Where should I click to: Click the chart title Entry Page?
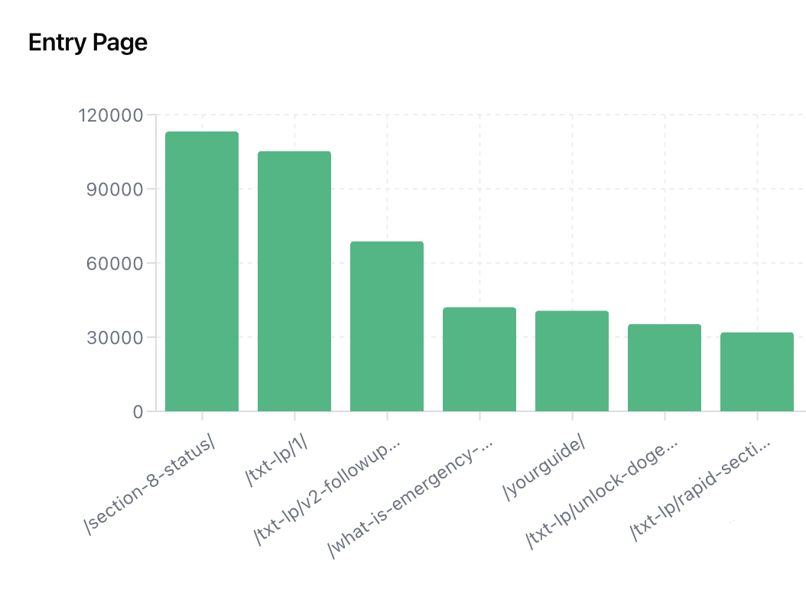87,43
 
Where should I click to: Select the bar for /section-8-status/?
202,271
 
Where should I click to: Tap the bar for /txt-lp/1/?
294,281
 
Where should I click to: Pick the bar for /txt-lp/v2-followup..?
387,326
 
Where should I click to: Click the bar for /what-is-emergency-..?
479,359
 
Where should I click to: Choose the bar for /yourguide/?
572,361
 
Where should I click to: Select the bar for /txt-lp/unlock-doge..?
665,368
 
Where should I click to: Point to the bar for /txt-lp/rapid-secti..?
757,372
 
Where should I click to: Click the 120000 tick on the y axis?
111,115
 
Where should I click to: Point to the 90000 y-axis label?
116,190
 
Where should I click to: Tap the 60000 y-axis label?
116,264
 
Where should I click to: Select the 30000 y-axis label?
116,338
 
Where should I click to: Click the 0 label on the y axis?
138,412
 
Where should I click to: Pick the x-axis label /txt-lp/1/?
277,460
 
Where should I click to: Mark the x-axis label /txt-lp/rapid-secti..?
700,490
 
